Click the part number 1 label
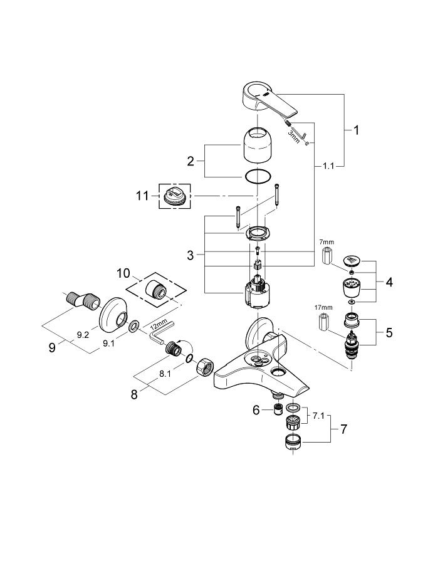[355, 131]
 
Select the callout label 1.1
[328, 166]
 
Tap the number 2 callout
[191, 161]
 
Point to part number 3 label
[191, 255]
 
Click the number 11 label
[143, 196]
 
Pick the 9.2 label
[82, 335]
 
